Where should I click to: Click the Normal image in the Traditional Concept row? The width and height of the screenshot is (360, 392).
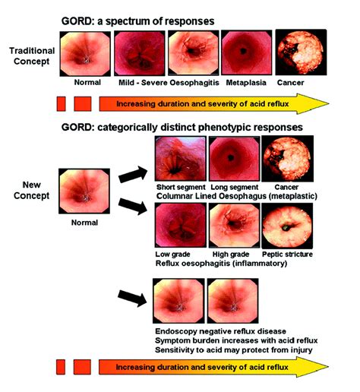(x=83, y=52)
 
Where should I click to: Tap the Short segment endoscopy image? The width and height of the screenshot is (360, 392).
(x=179, y=160)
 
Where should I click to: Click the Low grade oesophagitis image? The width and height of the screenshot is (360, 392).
(x=179, y=226)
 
